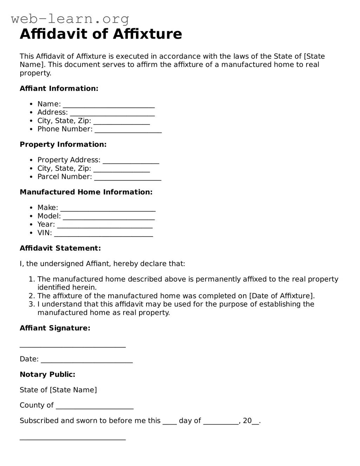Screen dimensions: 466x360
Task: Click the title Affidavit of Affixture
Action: pos(101,34)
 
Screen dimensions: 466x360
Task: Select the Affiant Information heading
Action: pos(59,88)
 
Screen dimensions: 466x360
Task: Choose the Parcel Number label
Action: pos(65,177)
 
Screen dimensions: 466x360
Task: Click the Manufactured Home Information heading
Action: pos(86,192)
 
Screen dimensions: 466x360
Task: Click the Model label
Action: pos(49,216)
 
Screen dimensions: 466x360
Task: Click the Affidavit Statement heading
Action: pos(60,248)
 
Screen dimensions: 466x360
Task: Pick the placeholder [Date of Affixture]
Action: pos(281,296)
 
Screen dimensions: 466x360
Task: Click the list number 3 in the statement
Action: pos(32,304)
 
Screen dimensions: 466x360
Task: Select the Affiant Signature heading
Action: pos(55,328)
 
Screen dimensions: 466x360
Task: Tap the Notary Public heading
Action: pos(47,374)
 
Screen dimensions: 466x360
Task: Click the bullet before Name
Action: pos(31,104)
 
